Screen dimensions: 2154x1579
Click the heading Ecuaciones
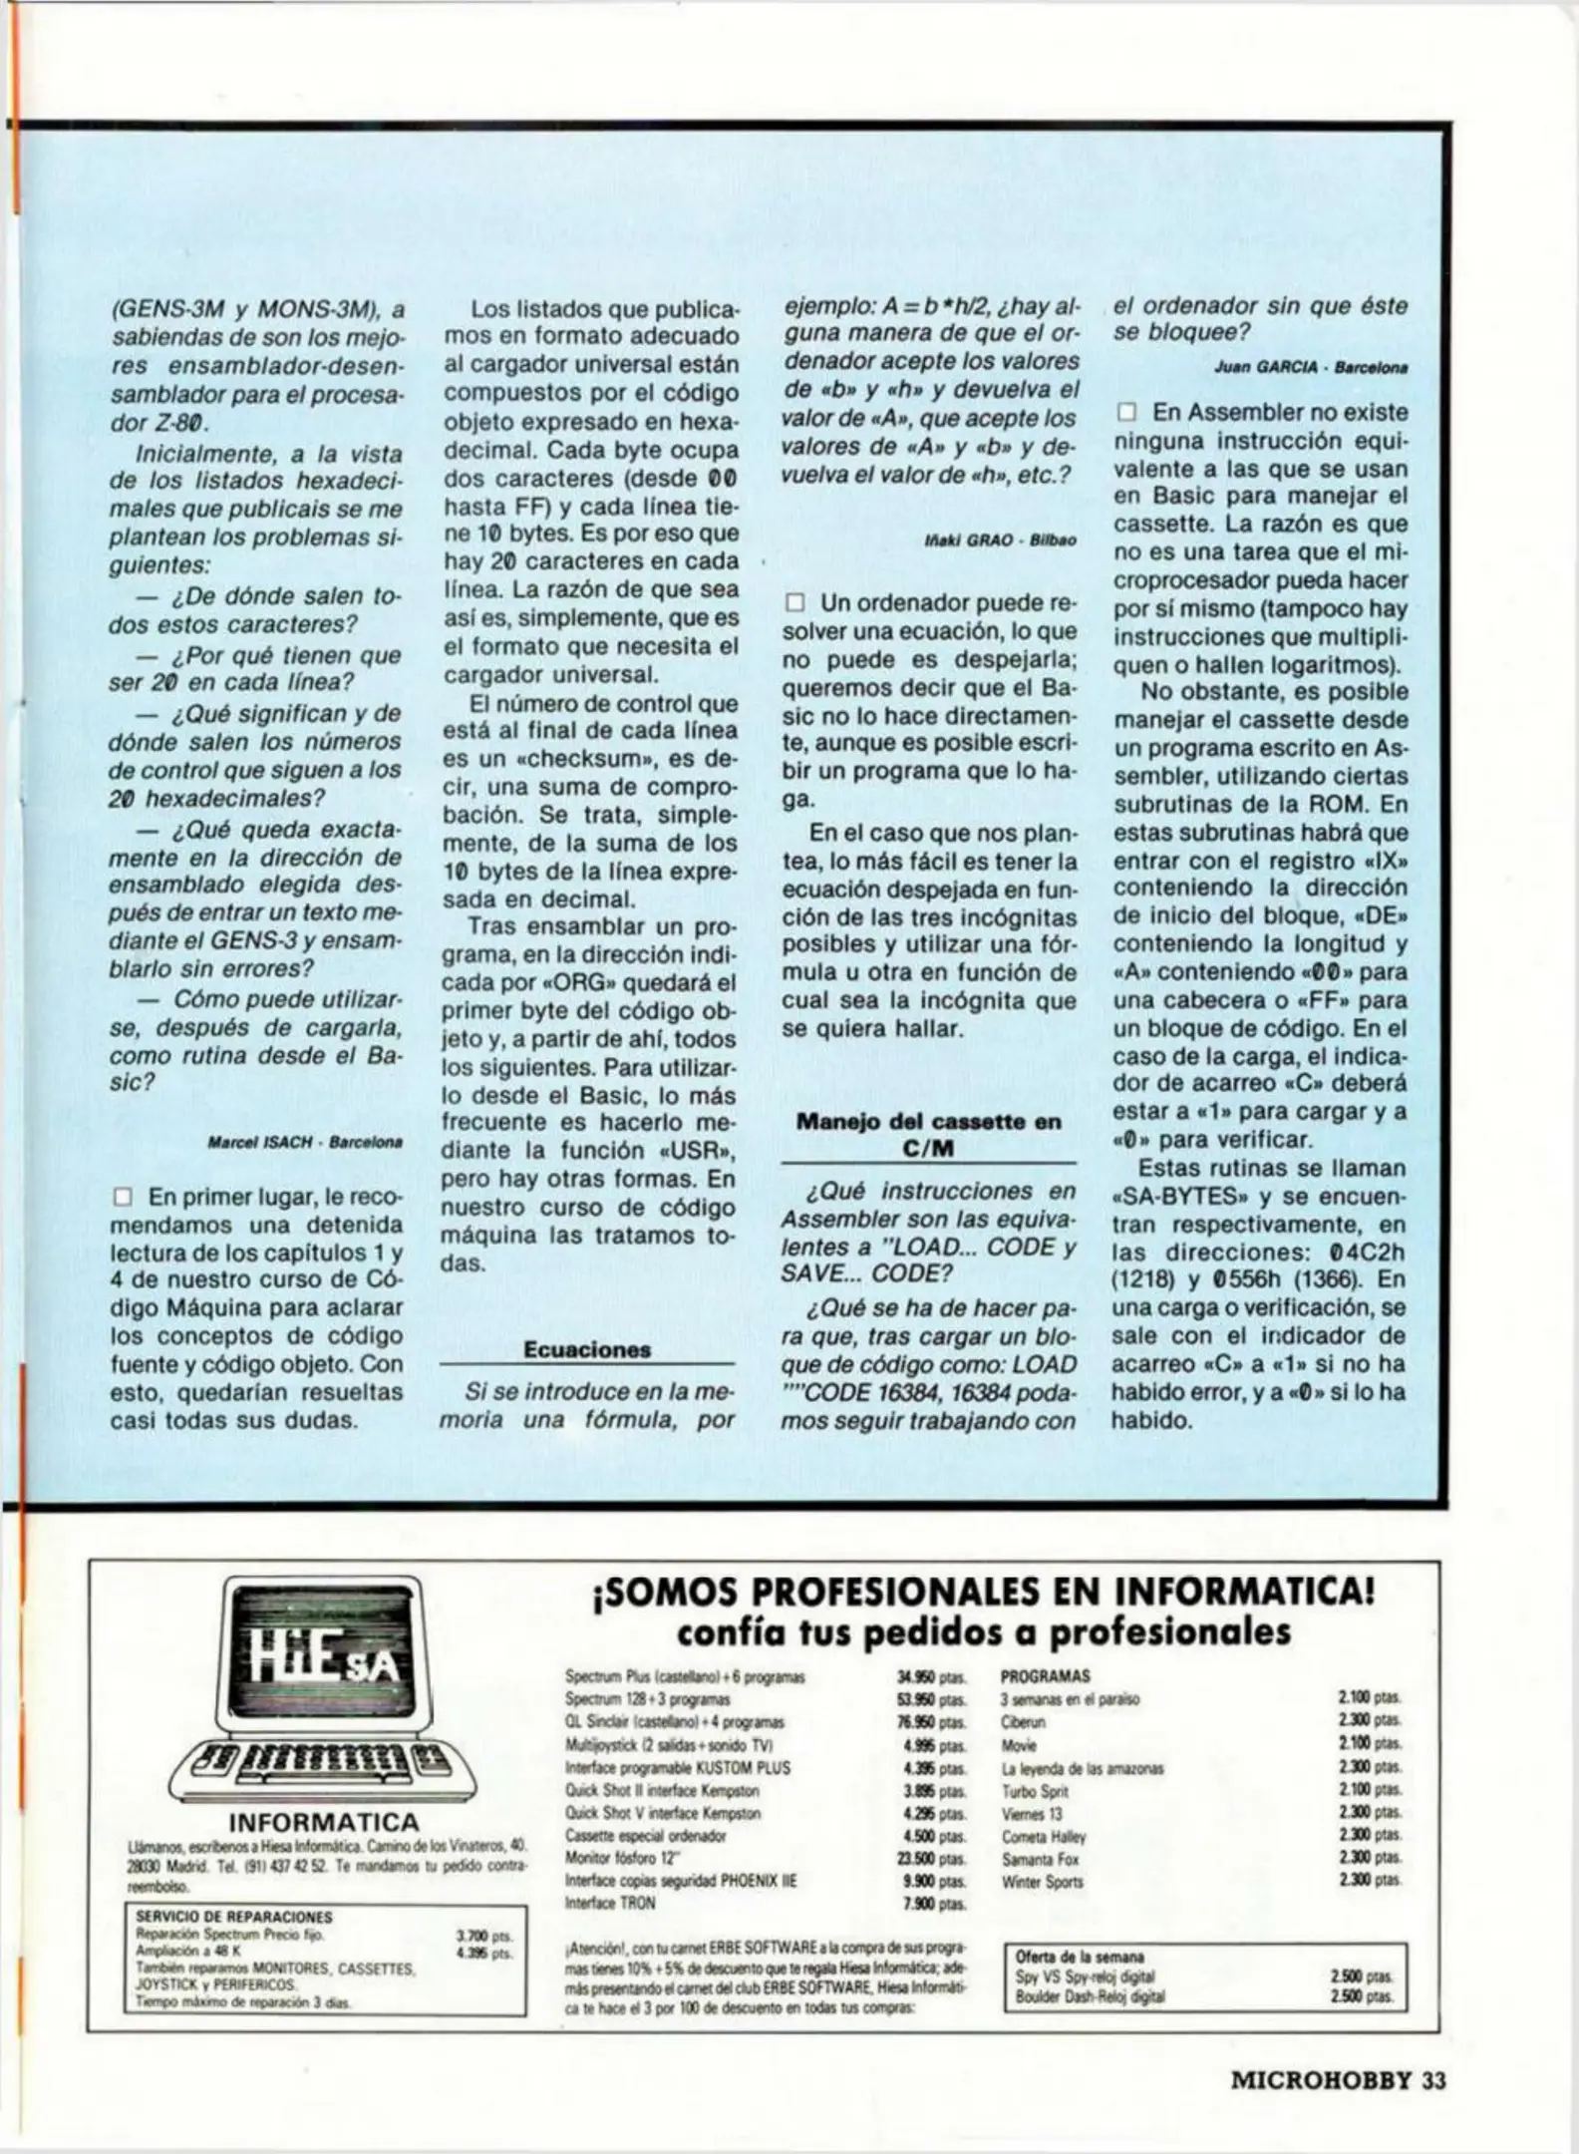(x=587, y=1350)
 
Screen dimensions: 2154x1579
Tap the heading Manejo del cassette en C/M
(x=928, y=1135)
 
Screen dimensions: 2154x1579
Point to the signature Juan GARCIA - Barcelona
(x=1311, y=368)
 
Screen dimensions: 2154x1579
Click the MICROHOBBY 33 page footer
(x=1338, y=2080)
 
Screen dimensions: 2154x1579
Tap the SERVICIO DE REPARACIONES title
(x=234, y=1917)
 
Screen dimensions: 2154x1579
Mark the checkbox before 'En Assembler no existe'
(x=1126, y=413)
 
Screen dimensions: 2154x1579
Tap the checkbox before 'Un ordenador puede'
(x=794, y=603)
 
